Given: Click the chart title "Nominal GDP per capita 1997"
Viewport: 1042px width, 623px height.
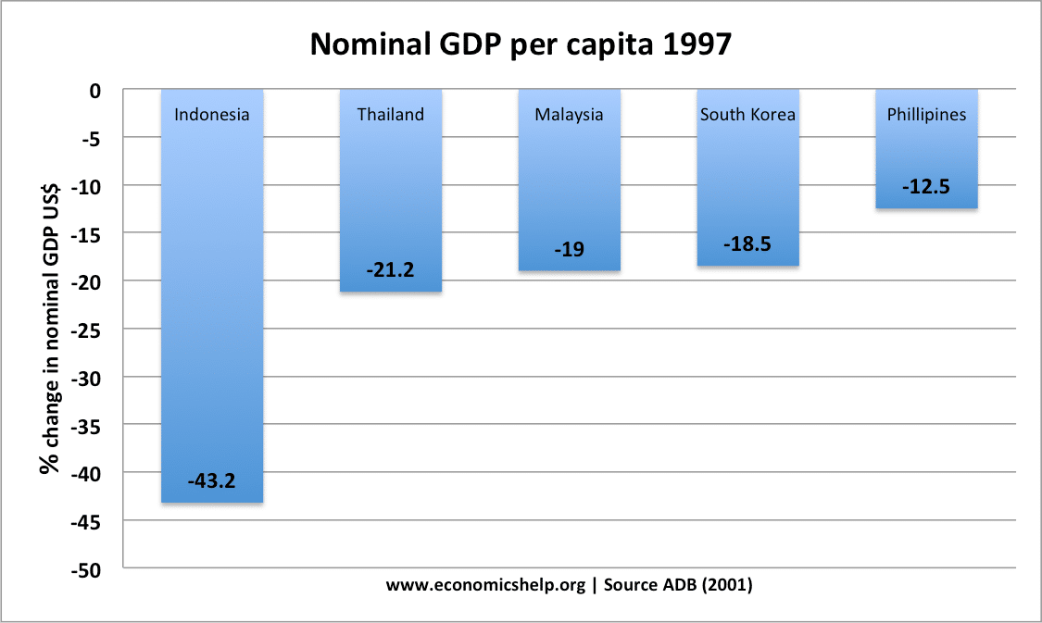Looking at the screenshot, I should (x=521, y=44).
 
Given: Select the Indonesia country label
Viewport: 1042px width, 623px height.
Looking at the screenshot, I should (x=212, y=115).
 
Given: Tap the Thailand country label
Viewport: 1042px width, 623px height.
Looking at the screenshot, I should (x=391, y=115).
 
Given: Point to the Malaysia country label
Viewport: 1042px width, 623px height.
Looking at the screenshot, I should (x=569, y=115).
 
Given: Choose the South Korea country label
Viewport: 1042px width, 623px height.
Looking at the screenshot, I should (x=747, y=115).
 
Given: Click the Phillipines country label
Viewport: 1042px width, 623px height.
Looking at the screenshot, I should (x=926, y=115).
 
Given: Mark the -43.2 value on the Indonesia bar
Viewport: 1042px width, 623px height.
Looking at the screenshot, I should (x=212, y=481).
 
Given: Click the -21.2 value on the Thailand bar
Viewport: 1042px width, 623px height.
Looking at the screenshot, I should (x=391, y=270).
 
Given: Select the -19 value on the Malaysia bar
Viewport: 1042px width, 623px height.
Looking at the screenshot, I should (x=569, y=250).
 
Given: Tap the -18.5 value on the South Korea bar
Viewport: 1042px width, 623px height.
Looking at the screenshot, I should (x=747, y=245).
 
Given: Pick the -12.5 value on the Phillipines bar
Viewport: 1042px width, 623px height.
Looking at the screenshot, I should (x=926, y=187).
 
